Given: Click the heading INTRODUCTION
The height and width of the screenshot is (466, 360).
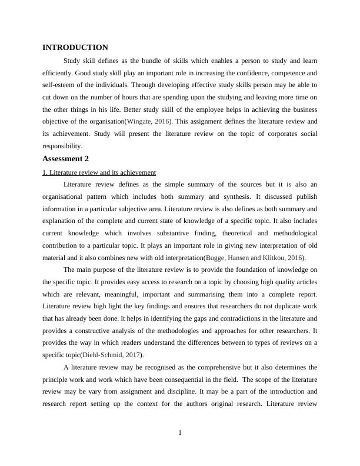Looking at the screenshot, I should point(75,48).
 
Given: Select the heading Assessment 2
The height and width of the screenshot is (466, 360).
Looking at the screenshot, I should point(66,159).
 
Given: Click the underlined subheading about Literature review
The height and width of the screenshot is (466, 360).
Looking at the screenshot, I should point(99,172).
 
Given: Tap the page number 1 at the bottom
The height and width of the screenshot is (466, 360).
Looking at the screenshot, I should point(180,434).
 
